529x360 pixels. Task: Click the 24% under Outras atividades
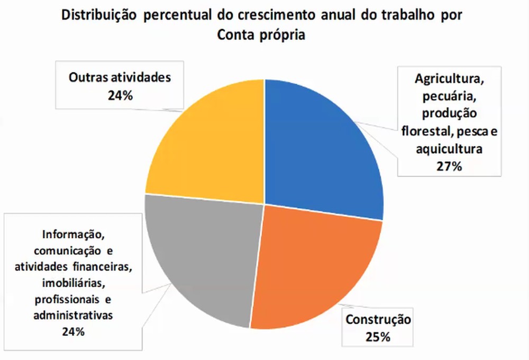[121, 96]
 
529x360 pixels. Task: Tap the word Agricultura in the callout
[450, 80]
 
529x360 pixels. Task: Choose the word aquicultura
[449, 149]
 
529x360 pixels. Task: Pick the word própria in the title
[287, 35]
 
